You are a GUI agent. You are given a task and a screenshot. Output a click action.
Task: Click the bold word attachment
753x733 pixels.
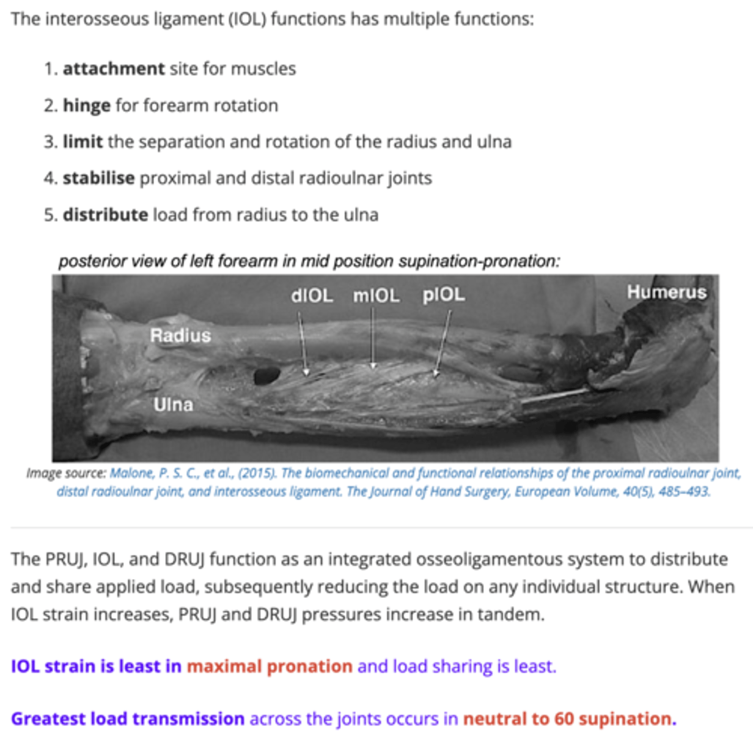click(x=114, y=68)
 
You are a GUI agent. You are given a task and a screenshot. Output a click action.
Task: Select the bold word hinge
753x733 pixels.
click(x=86, y=106)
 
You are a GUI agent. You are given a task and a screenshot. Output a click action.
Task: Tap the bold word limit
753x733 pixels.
click(x=83, y=142)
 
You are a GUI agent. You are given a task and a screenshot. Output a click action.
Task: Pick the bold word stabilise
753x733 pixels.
click(x=98, y=178)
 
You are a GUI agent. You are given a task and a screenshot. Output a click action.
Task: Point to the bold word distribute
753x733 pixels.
click(x=105, y=215)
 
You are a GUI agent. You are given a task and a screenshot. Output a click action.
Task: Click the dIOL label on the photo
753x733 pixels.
click(x=312, y=296)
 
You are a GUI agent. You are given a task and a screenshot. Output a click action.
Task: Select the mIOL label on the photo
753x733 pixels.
click(x=376, y=296)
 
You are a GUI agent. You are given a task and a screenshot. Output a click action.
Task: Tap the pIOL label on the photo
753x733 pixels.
click(x=444, y=295)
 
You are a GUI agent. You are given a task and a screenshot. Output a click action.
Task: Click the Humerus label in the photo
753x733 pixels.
click(x=666, y=292)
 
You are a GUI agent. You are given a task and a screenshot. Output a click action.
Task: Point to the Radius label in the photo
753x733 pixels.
click(x=180, y=335)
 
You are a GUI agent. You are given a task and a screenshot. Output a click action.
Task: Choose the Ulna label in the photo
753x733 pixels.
click(x=173, y=404)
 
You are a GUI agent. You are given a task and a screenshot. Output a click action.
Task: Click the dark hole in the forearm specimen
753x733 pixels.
click(x=266, y=374)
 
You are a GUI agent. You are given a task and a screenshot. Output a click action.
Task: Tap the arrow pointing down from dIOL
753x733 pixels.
click(x=303, y=342)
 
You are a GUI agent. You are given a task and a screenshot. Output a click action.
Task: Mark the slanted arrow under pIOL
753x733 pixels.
click(x=443, y=342)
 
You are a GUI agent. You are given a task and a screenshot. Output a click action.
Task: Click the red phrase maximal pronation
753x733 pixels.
click(x=270, y=666)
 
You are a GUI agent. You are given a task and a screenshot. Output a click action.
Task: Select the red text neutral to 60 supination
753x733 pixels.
click(x=569, y=718)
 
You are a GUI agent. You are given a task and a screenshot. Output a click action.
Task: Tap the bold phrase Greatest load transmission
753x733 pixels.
click(x=128, y=718)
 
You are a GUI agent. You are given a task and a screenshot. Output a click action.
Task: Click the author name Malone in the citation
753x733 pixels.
click(x=131, y=473)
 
